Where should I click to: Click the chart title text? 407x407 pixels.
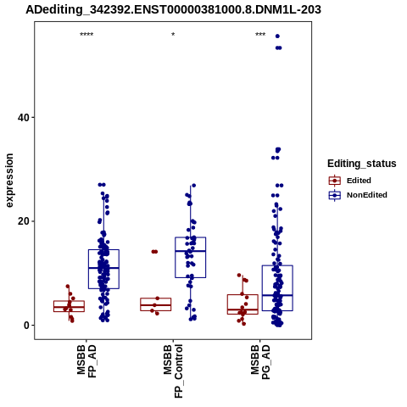pos(173,9)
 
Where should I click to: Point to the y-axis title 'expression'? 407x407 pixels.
pos(9,181)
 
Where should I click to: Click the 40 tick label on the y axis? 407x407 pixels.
pos(24,118)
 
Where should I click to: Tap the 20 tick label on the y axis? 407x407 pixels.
pos(24,221)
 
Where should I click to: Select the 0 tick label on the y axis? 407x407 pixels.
pos(26,326)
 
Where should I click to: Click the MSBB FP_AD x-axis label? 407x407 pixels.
pos(86,361)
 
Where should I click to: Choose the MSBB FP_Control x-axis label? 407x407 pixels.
pos(173,371)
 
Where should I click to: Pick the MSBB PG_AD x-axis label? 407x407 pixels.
pos(260,362)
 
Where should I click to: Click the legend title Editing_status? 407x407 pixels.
pos(362,164)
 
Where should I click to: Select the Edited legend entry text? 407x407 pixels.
pos(359,181)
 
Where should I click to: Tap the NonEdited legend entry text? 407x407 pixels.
pos(367,195)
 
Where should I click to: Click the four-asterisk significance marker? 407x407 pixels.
pos(86,35)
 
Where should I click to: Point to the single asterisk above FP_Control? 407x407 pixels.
pos(173,35)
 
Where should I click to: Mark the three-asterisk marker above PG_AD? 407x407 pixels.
pos(260,35)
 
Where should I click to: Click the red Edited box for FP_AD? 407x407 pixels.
pos(70,306)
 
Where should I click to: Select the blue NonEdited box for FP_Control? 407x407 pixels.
pos(191,258)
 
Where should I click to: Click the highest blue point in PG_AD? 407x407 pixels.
pos(277,36)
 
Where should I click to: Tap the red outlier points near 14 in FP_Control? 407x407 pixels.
pos(154,252)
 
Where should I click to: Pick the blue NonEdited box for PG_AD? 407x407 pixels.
pos(277,288)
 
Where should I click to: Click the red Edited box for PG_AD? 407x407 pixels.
pos(243,304)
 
